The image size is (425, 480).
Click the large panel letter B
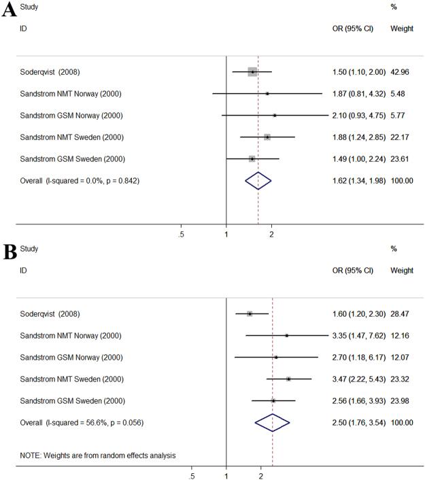coord(9,253)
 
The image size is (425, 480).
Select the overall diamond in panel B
coord(272,422)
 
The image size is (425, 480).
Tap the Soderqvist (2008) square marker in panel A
coord(252,71)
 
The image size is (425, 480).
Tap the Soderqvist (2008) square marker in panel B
coord(250,313)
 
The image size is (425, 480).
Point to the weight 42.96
coord(401,71)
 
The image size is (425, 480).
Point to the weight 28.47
coord(401,313)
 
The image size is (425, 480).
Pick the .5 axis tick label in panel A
coord(181,235)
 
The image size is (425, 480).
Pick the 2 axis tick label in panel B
coord(261,477)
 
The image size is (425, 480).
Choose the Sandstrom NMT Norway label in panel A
coord(71,93)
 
